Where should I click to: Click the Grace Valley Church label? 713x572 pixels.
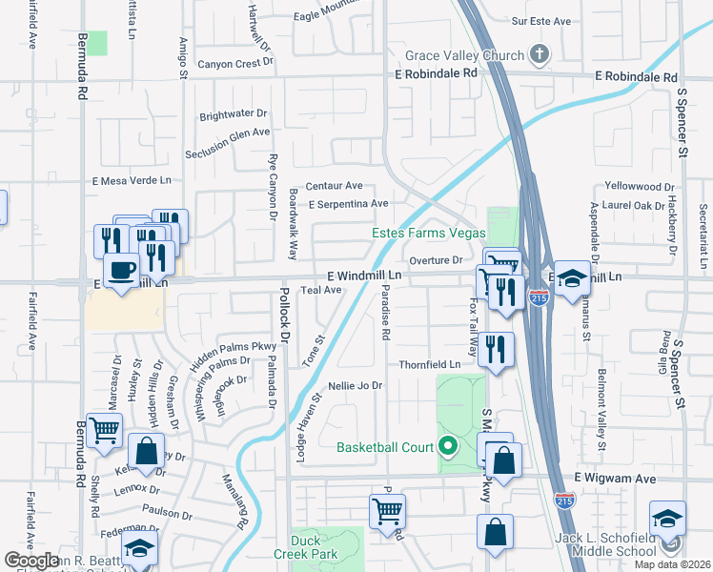(x=464, y=55)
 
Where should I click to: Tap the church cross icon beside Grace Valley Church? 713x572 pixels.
(x=540, y=54)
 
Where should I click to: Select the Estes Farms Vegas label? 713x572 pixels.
(x=428, y=234)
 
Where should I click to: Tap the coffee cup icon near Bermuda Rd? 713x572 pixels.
(x=121, y=271)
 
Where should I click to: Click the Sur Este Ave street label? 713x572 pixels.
(x=540, y=20)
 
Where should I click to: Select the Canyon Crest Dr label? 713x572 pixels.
(x=234, y=64)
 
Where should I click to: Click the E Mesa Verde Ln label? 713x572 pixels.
(x=132, y=180)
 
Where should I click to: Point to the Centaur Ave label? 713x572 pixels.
(x=335, y=185)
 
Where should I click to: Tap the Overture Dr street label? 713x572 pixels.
(x=435, y=259)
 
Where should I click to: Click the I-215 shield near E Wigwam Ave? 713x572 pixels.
(x=563, y=499)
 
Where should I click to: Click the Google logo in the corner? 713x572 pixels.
(x=31, y=560)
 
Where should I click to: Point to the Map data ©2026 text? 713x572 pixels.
(x=672, y=564)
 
